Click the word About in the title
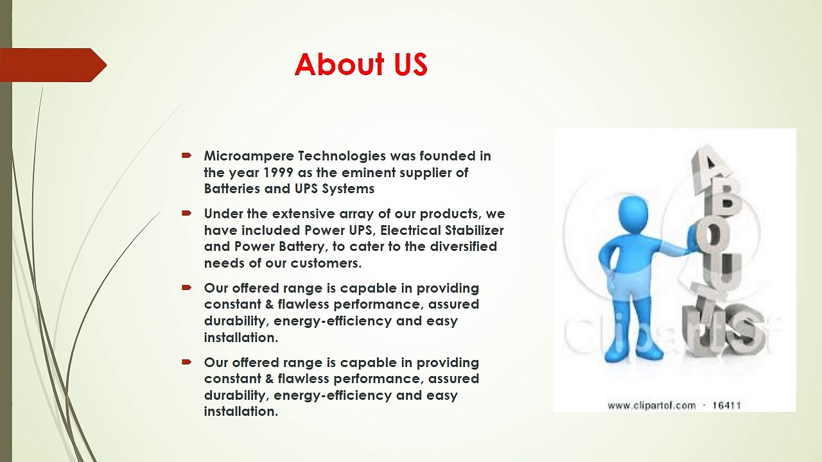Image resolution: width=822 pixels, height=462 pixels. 340,64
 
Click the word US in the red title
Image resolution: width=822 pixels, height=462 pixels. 411,64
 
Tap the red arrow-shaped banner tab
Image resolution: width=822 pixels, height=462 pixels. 53,65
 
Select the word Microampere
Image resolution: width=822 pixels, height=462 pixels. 249,156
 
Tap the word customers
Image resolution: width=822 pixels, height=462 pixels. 326,263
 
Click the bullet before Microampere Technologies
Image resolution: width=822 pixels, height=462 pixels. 186,155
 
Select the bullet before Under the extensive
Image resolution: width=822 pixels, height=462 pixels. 186,213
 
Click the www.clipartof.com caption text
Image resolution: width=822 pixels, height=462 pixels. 652,406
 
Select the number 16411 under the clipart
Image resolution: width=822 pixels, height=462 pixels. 726,406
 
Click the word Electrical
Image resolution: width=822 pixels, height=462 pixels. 410,230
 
